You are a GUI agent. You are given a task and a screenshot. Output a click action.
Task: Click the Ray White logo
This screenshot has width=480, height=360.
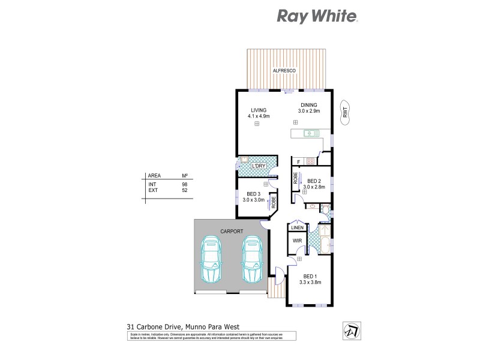[x=317, y=16]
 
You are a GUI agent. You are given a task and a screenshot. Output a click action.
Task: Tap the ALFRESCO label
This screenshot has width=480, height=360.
[x=282, y=71]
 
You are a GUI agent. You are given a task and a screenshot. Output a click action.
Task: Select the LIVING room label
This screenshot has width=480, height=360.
[x=259, y=109]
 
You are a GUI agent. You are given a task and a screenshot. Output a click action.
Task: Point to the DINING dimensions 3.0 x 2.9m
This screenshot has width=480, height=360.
[x=310, y=111]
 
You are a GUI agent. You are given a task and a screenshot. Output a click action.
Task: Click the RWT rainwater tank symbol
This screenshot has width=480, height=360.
[x=346, y=111]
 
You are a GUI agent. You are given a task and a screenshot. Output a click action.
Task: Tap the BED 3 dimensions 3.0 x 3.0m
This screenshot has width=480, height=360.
[x=254, y=199]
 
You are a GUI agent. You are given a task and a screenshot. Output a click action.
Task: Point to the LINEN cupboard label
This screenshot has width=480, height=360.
[x=297, y=228]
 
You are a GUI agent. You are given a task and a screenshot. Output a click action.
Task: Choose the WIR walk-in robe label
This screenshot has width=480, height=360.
[x=296, y=241]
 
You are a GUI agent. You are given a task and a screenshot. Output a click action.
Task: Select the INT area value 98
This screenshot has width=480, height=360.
[x=185, y=184]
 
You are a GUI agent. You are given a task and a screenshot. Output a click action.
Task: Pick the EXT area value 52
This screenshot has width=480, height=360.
[x=185, y=190]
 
